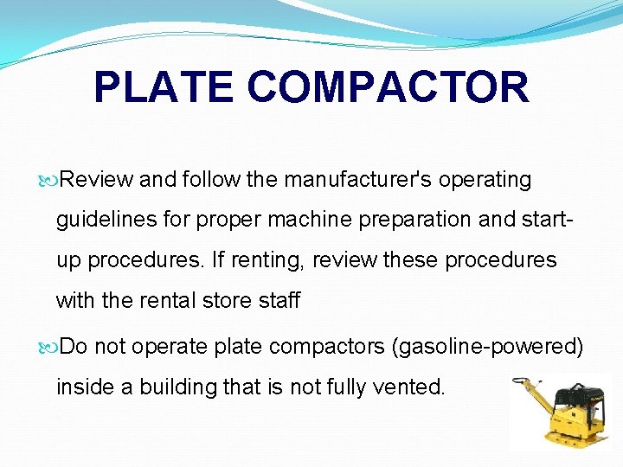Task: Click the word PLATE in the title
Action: pos(163,87)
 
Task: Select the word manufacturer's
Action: pos(358,180)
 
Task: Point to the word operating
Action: pos(485,180)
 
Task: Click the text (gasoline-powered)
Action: pos(488,347)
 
